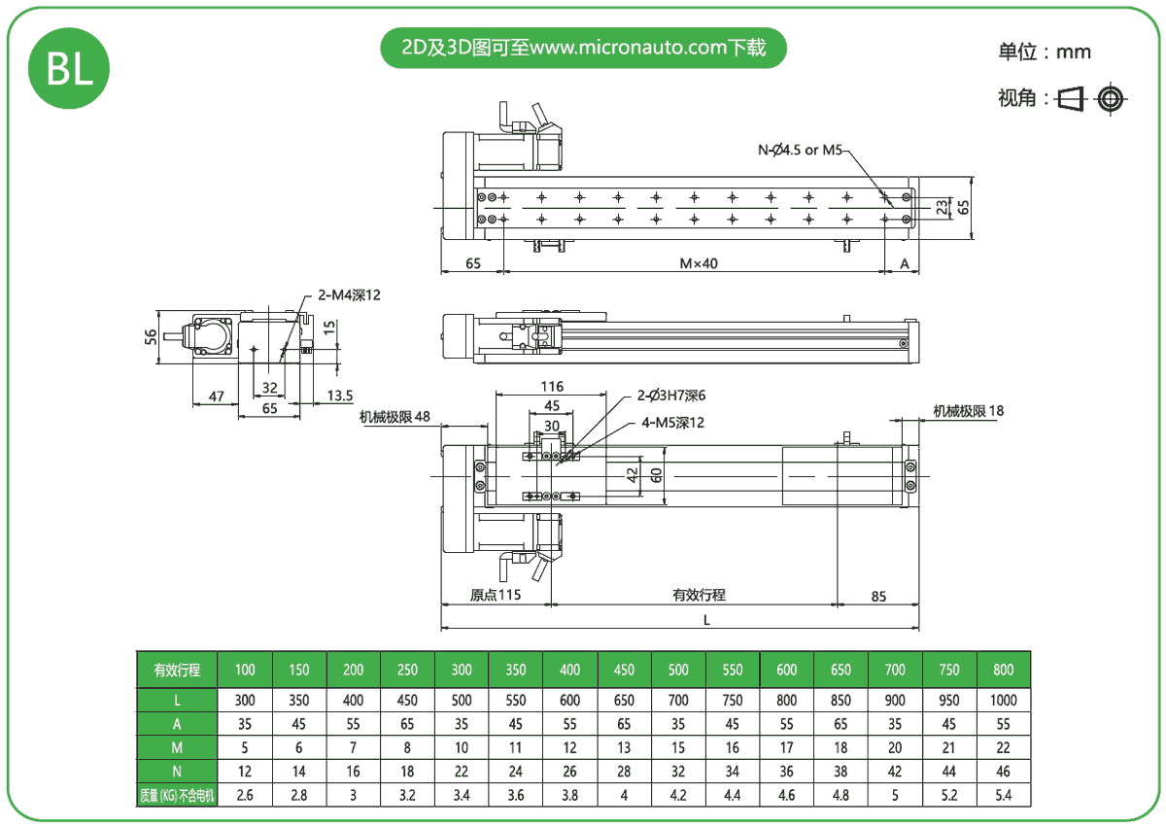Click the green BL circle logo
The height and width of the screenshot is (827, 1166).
tap(68, 68)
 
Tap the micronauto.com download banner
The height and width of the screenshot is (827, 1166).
tap(583, 48)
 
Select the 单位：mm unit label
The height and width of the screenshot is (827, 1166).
tap(1045, 52)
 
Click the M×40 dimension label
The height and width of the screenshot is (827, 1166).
tap(698, 263)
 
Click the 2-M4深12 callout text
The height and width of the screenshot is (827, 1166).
tap(350, 295)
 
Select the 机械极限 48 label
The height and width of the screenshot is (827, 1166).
tap(394, 417)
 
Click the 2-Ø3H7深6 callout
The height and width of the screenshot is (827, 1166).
tap(671, 396)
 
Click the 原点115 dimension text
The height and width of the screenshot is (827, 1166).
tap(496, 595)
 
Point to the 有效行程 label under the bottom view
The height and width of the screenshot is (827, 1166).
tap(699, 595)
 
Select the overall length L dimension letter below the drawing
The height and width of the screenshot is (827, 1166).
tap(706, 620)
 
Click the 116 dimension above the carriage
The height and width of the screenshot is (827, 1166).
tap(553, 387)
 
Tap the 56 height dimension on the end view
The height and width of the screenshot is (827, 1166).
tap(151, 336)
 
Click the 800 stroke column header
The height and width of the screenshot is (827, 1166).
tap(1004, 670)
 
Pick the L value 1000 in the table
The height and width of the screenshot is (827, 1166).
tap(1004, 700)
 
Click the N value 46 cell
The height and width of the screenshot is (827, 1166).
tap(1004, 772)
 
